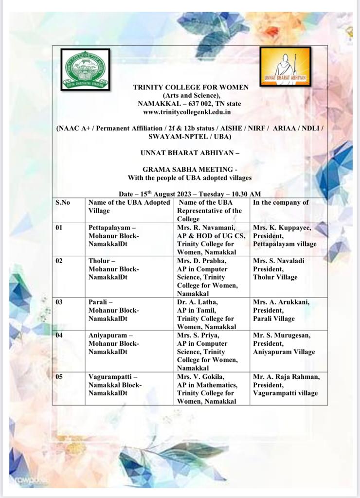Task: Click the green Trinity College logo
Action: tap(85, 69)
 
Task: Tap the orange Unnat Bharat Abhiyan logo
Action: tap(285, 67)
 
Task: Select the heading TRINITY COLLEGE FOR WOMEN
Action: tap(191, 87)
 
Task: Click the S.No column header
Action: tap(63, 203)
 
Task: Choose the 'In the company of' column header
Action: tap(281, 203)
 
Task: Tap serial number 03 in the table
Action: tap(59, 302)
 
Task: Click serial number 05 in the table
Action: tap(59, 376)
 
